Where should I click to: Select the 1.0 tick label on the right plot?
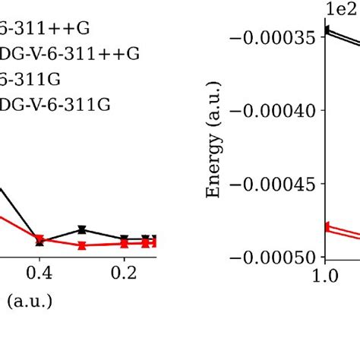tap(326, 273)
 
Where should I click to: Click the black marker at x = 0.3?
tap(82, 229)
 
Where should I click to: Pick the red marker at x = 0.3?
tap(82, 245)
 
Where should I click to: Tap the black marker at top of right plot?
tap(327, 31)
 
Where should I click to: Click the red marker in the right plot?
tap(327, 226)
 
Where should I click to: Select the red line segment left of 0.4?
tap(19, 227)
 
